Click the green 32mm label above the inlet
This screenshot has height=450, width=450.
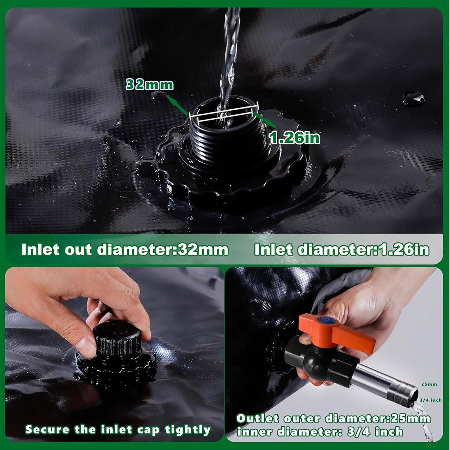click(x=149, y=85)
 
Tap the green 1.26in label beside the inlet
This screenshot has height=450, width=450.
click(x=295, y=137)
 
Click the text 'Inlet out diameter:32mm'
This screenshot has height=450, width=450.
click(x=125, y=250)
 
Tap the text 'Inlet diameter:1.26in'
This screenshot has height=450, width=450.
click(x=342, y=250)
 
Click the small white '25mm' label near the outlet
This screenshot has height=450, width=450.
click(x=429, y=384)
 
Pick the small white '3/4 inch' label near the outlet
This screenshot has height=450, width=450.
click(x=430, y=400)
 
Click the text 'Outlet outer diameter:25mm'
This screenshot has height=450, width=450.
click(x=333, y=419)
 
